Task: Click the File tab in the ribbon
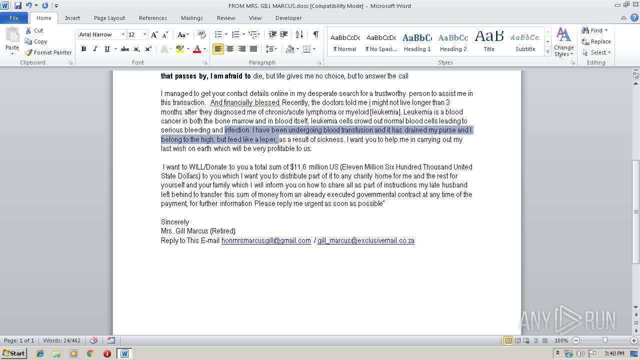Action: [x=14, y=18]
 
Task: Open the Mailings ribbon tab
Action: [x=191, y=18]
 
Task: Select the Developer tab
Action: [x=288, y=18]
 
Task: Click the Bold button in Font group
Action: [x=83, y=49]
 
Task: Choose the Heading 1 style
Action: [x=417, y=42]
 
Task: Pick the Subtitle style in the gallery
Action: [x=525, y=42]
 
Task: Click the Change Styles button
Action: [x=563, y=42]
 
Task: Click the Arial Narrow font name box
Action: [x=98, y=34]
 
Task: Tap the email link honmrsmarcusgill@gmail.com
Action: [x=266, y=240]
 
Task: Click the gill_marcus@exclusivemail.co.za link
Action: [x=365, y=240]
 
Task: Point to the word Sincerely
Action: [x=175, y=222]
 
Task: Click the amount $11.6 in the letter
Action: [x=298, y=167]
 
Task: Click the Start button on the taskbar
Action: [x=13, y=353]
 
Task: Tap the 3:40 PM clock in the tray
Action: [x=614, y=353]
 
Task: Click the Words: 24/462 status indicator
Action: [x=61, y=340]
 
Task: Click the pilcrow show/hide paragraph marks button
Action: [x=315, y=34]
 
